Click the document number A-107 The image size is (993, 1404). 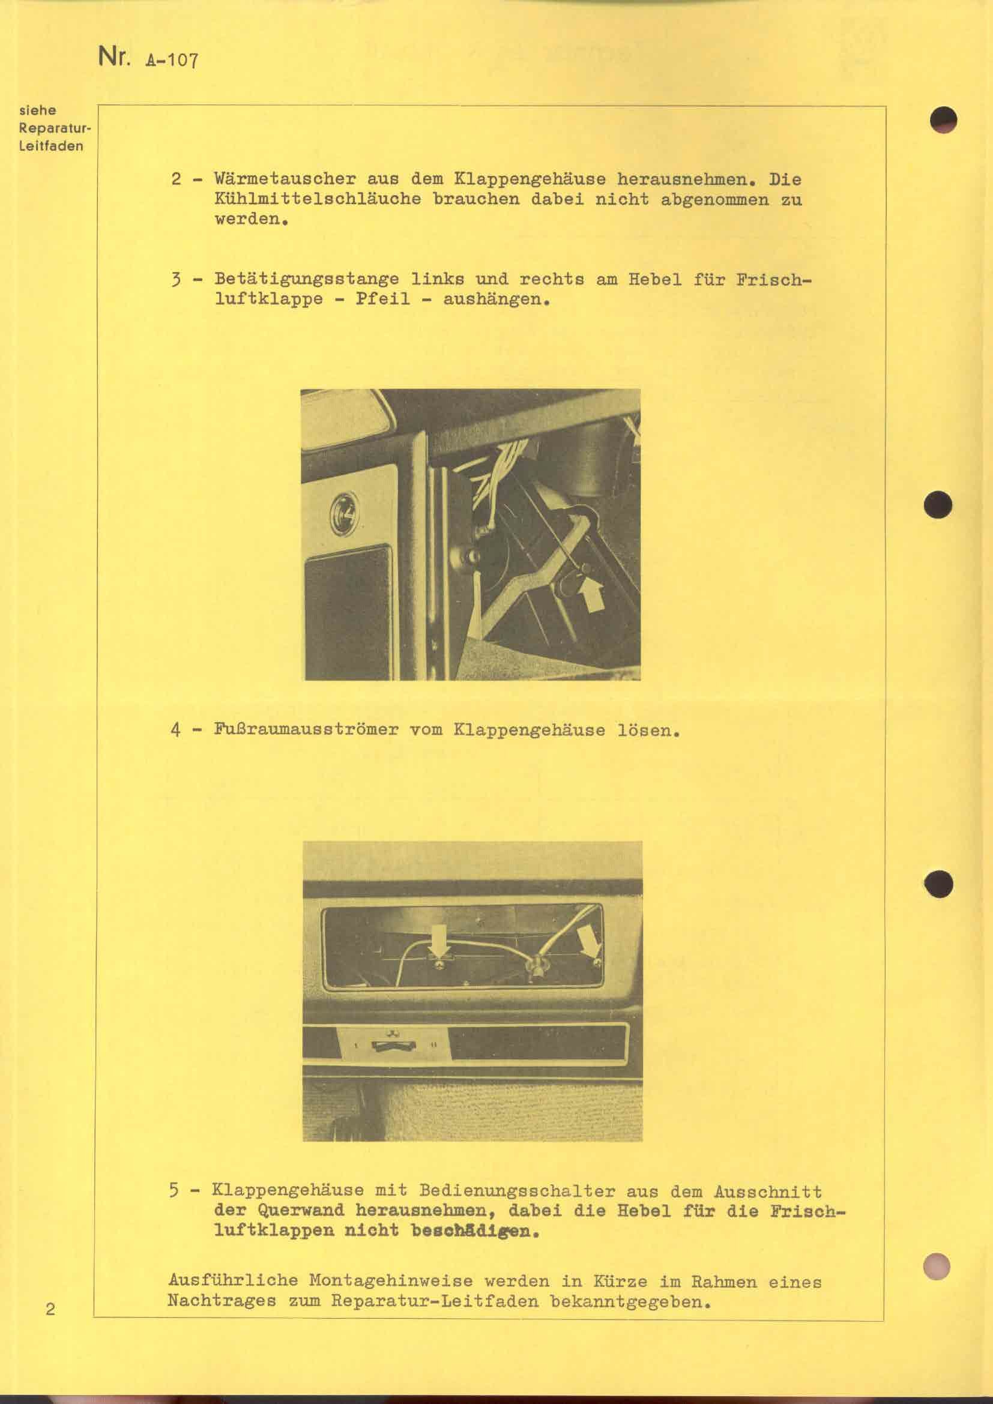171,60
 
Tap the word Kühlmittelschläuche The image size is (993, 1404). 318,199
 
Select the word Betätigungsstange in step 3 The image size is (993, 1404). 306,280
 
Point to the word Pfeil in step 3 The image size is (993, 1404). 383,300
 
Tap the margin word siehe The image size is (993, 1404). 38,110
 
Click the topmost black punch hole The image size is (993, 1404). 944,119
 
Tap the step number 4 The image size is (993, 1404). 175,730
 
